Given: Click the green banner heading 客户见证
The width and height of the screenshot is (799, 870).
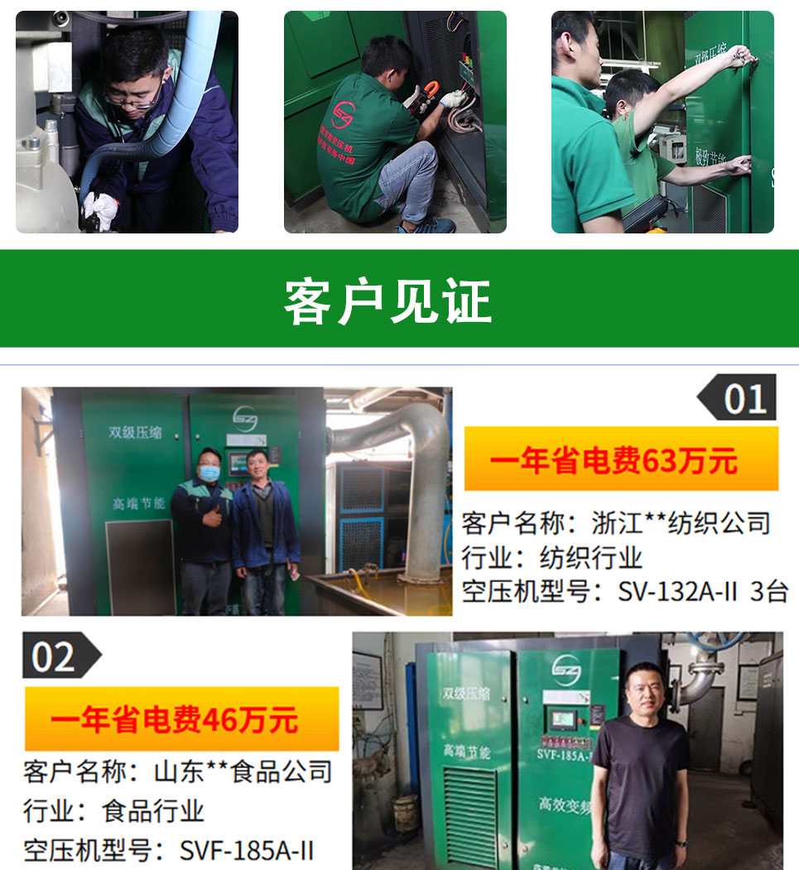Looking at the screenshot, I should tap(387, 301).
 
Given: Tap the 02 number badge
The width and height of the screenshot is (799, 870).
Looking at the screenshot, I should tap(55, 656).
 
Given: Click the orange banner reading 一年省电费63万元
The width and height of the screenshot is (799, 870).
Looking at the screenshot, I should tap(620, 459).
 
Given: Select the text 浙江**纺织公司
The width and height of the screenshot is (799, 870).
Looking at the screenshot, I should tap(681, 522).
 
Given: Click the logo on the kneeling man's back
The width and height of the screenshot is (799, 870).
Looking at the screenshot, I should tap(342, 114).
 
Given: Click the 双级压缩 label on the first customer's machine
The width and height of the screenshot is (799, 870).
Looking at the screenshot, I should tap(135, 432).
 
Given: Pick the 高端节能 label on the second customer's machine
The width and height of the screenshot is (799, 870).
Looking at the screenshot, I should tap(466, 752).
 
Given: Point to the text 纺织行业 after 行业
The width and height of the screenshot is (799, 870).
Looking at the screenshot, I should tap(590, 557).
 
